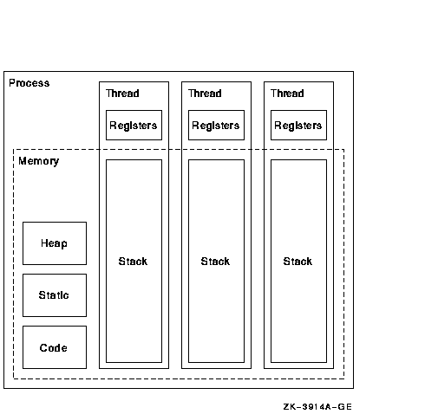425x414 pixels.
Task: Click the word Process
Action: point(29,83)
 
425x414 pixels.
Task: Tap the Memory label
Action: point(39,161)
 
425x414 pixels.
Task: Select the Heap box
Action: point(55,243)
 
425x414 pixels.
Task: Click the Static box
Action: point(55,295)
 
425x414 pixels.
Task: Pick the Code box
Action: point(55,347)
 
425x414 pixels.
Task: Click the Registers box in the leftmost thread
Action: point(134,126)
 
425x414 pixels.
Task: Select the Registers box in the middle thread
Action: point(216,126)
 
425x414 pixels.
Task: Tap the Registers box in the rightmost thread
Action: point(298,126)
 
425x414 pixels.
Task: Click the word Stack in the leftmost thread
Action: point(133,262)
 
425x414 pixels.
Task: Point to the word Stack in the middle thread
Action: point(215,262)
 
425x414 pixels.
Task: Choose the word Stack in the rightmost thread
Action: point(297,262)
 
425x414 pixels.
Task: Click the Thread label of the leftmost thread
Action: point(122,94)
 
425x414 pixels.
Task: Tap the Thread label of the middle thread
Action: point(205,94)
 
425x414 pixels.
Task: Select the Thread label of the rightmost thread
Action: point(287,94)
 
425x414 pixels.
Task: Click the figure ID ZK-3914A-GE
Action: point(317,407)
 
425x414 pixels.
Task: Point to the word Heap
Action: point(54,243)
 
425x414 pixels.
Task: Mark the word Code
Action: point(54,348)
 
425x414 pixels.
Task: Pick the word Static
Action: point(54,295)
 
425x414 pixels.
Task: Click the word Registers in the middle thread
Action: point(216,126)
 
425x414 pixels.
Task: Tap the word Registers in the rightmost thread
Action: point(298,126)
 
